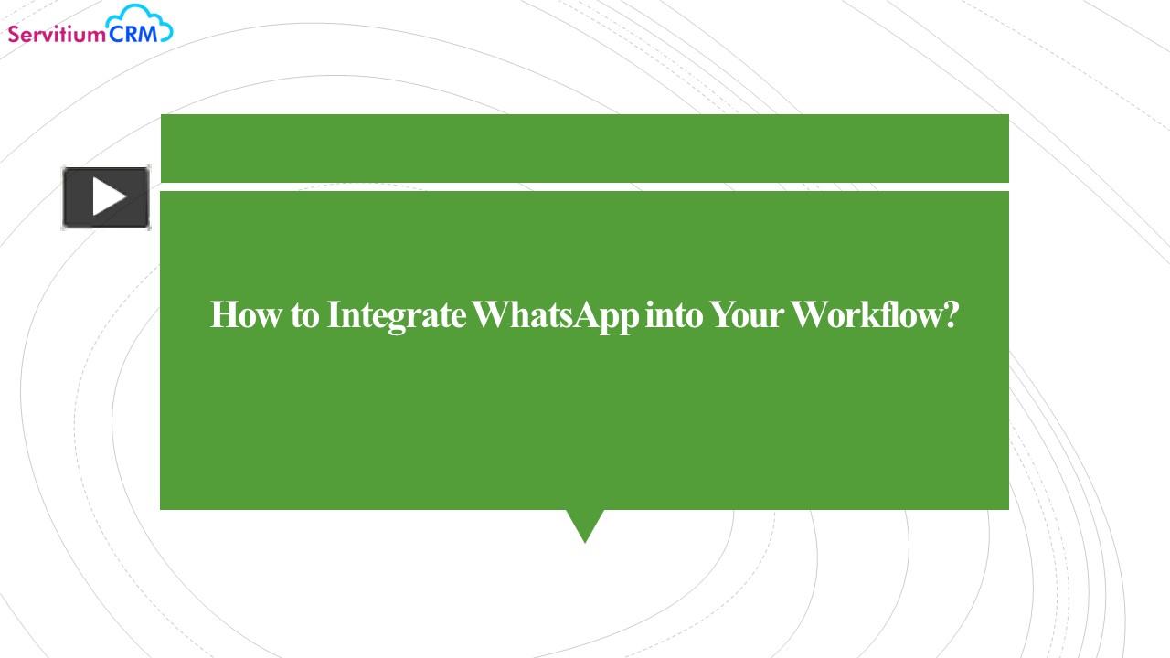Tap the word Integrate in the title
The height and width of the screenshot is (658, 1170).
pyautogui.click(x=396, y=316)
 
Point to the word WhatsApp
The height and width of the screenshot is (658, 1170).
pyautogui.click(x=557, y=316)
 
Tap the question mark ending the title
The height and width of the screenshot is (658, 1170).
pyautogui.click(x=950, y=316)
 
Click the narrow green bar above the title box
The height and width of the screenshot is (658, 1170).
pyautogui.click(x=584, y=148)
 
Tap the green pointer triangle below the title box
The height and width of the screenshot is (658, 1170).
pyautogui.click(x=585, y=523)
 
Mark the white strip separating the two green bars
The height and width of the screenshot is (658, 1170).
pyautogui.click(x=584, y=186)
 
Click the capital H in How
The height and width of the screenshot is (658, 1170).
pyautogui.click(x=223, y=315)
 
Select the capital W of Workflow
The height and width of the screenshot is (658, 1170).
pyautogui.click(x=810, y=315)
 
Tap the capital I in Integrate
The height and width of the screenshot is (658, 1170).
pyautogui.click(x=334, y=315)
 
